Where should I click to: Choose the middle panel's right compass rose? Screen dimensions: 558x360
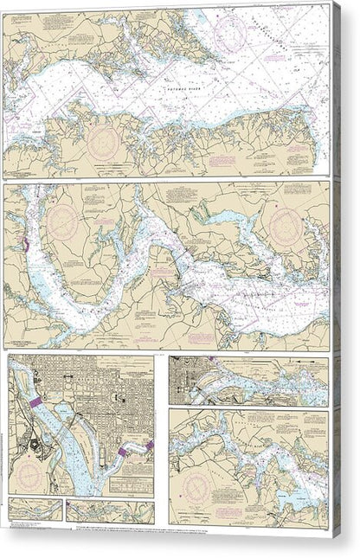pyautogui.click(x=285, y=227)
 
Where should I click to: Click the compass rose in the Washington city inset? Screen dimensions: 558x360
pyautogui.click(x=32, y=475)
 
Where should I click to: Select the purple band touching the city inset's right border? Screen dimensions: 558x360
pyautogui.click(x=148, y=446)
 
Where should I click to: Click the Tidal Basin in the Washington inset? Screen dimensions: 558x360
pyautogui.click(x=66, y=412)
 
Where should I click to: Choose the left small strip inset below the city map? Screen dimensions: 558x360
pyautogui.click(x=35, y=510)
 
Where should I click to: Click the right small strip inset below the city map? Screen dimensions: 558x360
pyautogui.click(x=110, y=510)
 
